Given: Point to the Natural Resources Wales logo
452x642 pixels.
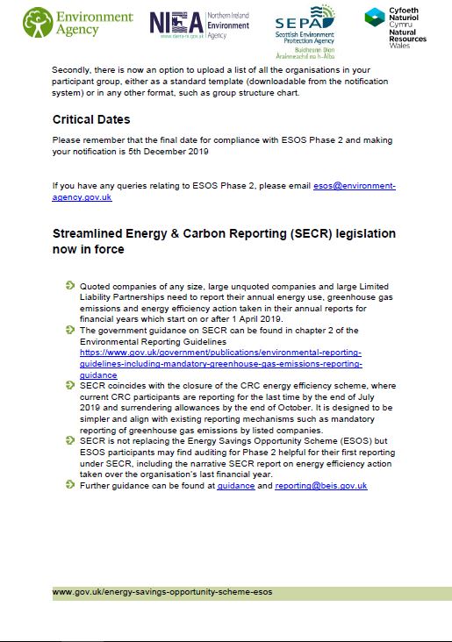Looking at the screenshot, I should point(394,29).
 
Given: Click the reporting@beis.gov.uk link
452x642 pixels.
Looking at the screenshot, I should point(320,485).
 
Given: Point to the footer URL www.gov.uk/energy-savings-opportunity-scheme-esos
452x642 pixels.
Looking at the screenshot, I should point(162,592).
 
